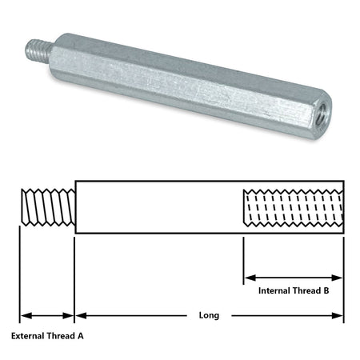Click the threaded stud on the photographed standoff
38,50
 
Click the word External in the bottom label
28,336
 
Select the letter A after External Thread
81,336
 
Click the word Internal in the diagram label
274,290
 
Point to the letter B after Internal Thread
326,290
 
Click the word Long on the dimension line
209,316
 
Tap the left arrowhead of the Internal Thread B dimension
250,278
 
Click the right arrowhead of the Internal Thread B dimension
337,278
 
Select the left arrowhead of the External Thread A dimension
26,316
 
